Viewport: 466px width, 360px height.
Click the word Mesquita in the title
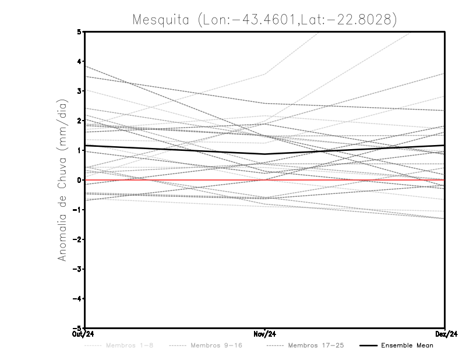[x=162, y=20]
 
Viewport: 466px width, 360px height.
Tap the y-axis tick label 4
[x=79, y=61]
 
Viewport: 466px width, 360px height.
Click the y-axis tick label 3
[x=79, y=91]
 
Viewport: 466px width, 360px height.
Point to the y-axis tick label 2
[x=79, y=121]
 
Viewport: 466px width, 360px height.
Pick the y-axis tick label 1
[x=79, y=150]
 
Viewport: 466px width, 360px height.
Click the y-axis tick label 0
[x=79, y=180]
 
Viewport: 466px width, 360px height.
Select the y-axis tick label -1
[x=78, y=210]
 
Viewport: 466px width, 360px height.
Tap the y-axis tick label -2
[x=78, y=239]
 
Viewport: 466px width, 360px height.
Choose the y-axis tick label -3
[x=78, y=269]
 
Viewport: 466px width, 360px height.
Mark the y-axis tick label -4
[x=78, y=299]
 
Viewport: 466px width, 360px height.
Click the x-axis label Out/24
[x=84, y=334]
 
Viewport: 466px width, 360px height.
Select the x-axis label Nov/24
[x=265, y=334]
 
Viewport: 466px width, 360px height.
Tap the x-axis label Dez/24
[x=445, y=334]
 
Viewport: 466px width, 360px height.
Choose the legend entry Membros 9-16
[x=216, y=346]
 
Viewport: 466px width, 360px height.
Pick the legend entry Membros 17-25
[x=316, y=346]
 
